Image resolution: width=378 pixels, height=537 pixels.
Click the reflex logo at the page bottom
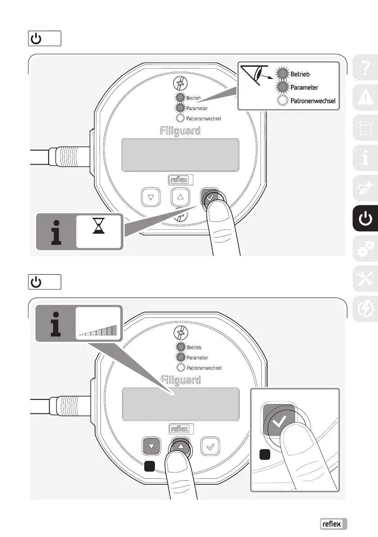pyautogui.click(x=334, y=523)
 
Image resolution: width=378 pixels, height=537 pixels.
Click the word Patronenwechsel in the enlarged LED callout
pyautogui.click(x=313, y=100)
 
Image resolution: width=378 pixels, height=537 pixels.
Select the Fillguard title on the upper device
pyautogui.click(x=180, y=131)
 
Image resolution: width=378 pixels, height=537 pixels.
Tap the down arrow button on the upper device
pyautogui.click(x=151, y=197)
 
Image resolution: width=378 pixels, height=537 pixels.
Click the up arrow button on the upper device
pyautogui.click(x=180, y=197)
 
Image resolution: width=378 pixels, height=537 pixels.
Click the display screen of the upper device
pyautogui.click(x=180, y=155)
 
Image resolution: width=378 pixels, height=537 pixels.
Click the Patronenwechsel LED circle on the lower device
pyautogui.click(x=180, y=367)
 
